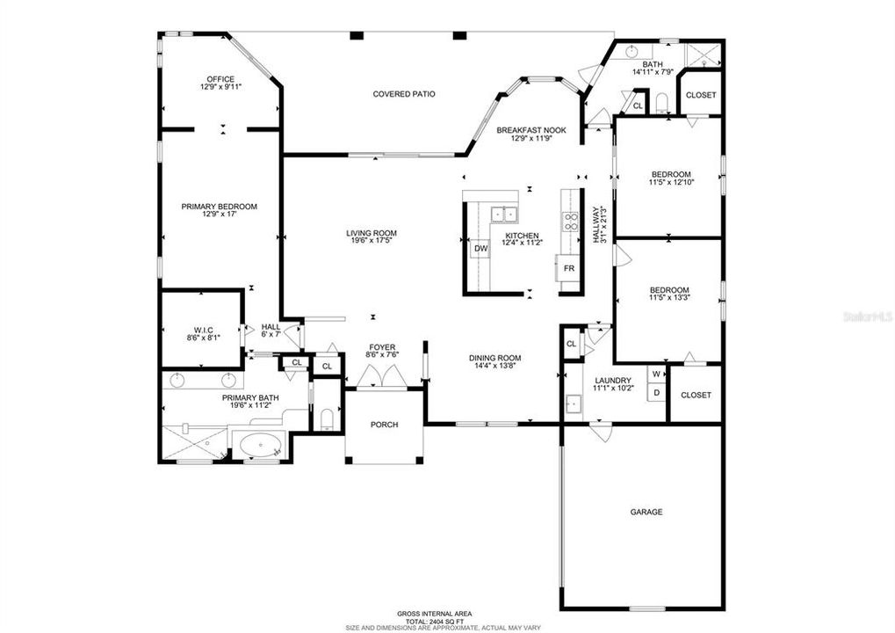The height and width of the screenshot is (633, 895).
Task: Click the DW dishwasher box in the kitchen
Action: pyautogui.click(x=480, y=249)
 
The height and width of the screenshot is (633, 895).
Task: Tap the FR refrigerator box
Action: pyautogui.click(x=568, y=267)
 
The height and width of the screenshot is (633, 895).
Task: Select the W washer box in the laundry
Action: pyautogui.click(x=656, y=375)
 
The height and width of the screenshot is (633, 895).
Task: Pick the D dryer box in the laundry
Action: pyautogui.click(x=656, y=393)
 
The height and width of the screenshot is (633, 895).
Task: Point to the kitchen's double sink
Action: pyautogui.click(x=504, y=214)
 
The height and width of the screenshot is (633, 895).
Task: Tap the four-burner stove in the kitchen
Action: pyautogui.click(x=572, y=222)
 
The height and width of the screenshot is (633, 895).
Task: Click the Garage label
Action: pyautogui.click(x=646, y=512)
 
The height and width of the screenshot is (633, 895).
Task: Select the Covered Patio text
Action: pyautogui.click(x=404, y=94)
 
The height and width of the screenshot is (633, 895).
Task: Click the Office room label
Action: pyautogui.click(x=220, y=79)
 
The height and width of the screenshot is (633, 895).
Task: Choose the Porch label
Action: pyautogui.click(x=384, y=425)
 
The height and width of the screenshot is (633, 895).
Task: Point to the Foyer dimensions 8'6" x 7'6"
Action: pyautogui.click(x=383, y=354)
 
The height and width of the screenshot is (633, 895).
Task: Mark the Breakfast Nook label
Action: pyautogui.click(x=531, y=130)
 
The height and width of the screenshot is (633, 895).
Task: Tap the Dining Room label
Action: pyautogui.click(x=495, y=358)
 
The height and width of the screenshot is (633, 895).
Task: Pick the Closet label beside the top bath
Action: pyautogui.click(x=700, y=95)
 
